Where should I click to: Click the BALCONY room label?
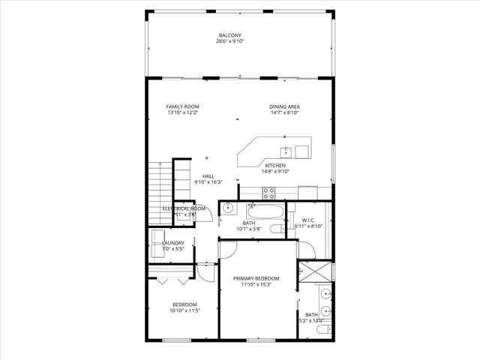click(229, 35)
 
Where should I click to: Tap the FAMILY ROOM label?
click(182, 106)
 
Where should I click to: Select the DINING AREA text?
click(284, 106)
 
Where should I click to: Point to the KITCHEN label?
click(275, 165)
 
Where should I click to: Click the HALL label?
click(208, 176)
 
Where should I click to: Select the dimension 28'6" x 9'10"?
click(229, 42)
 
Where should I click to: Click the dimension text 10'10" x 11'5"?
click(184, 310)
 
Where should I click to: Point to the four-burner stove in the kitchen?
click(248, 191)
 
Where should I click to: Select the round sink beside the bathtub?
click(228, 209)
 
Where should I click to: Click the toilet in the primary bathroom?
click(321, 329)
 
